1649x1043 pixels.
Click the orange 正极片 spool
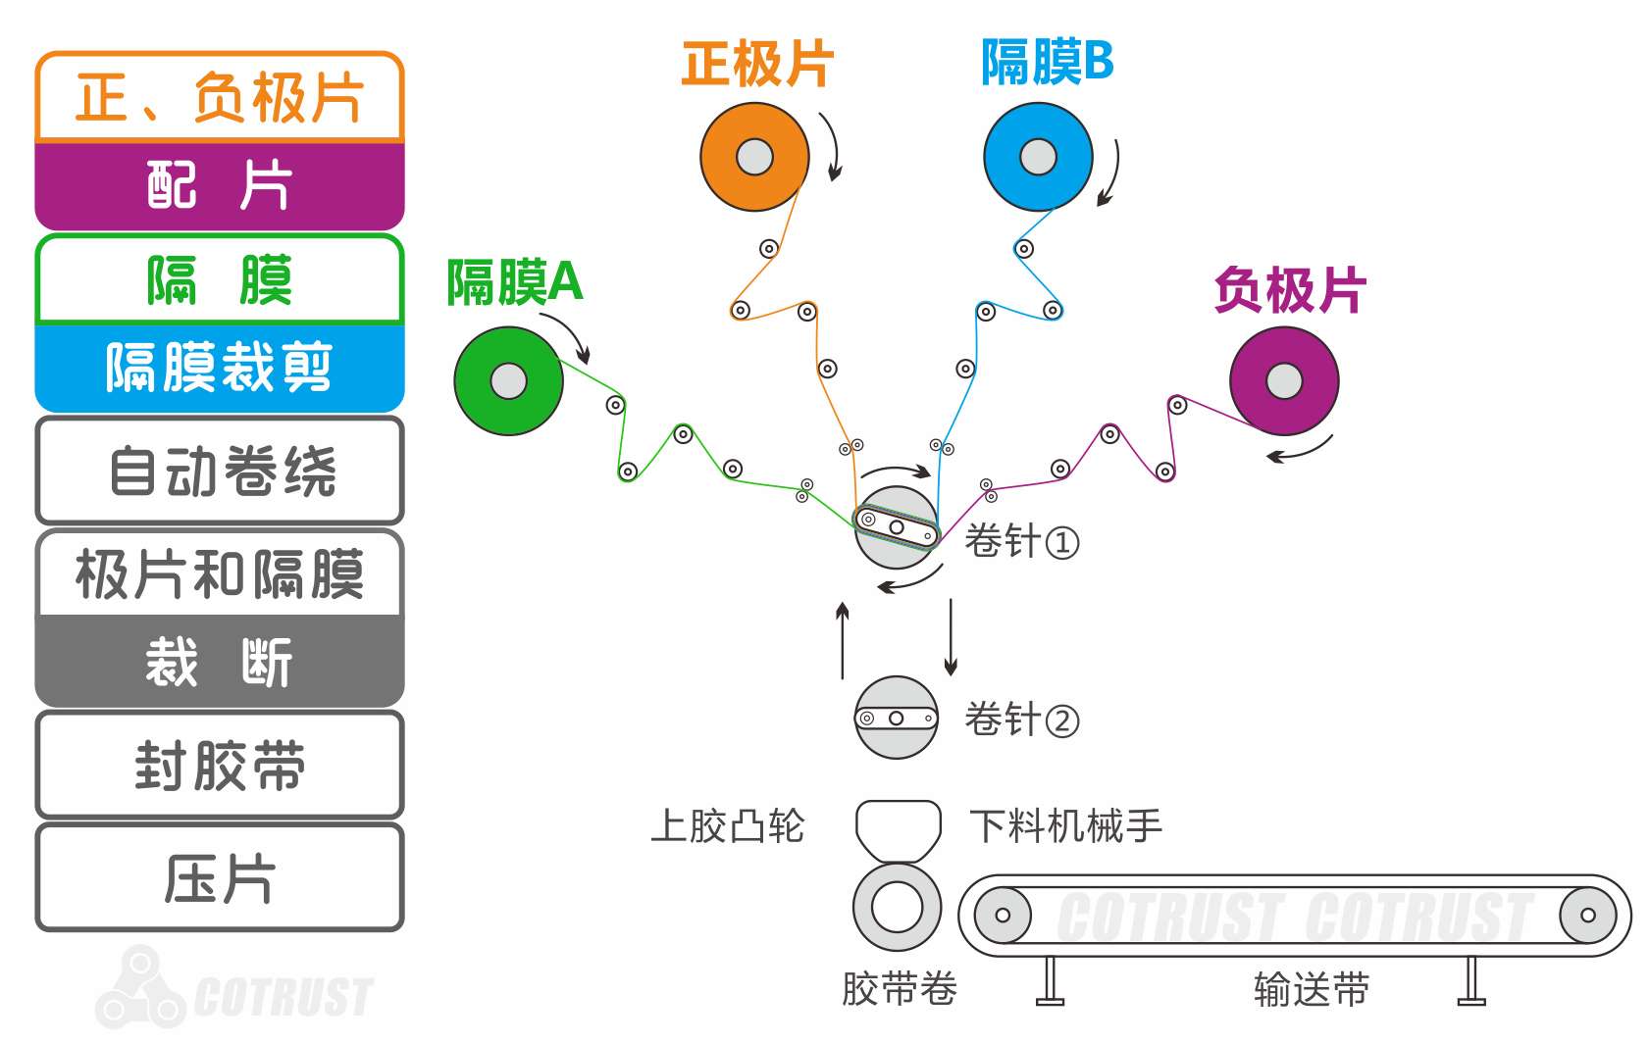(x=754, y=157)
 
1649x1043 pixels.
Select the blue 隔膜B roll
(x=1038, y=157)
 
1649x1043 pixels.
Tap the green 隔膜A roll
(x=508, y=381)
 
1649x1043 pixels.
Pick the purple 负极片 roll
(x=1284, y=381)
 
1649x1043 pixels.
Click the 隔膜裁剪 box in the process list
(x=220, y=368)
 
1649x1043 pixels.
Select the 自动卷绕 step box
(x=220, y=471)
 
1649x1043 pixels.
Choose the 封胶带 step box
(x=220, y=766)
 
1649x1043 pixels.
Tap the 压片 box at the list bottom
(x=220, y=877)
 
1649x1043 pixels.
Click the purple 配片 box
(x=220, y=185)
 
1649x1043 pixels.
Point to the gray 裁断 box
(x=220, y=662)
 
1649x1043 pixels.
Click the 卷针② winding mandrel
(x=897, y=718)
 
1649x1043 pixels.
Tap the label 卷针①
(x=1021, y=541)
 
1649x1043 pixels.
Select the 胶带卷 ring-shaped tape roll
(x=897, y=907)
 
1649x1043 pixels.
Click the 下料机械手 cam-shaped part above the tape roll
(x=898, y=829)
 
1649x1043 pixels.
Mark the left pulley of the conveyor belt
(x=1003, y=916)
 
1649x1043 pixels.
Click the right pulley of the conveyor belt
(x=1588, y=916)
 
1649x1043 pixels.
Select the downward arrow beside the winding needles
(x=951, y=637)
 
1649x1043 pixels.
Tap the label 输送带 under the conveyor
(x=1312, y=989)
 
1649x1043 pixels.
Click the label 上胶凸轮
(x=727, y=826)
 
